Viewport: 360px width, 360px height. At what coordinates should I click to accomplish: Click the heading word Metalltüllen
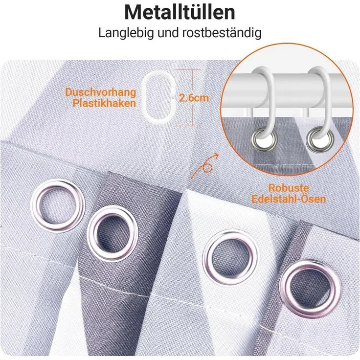[x=180, y=12]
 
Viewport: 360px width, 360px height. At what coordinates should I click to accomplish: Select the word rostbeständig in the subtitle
[x=222, y=33]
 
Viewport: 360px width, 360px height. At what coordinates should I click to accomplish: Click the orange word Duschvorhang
[x=101, y=92]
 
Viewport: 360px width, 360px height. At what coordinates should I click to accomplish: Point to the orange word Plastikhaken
[x=104, y=103]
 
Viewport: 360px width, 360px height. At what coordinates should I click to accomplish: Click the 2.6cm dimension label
[x=194, y=98]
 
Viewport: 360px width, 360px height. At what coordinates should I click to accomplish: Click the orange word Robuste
[x=289, y=188]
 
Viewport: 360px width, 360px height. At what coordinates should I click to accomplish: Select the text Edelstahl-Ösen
[x=289, y=199]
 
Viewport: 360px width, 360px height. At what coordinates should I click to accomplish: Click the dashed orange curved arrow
[x=205, y=165]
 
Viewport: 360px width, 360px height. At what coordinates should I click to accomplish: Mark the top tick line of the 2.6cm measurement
[x=187, y=70]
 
